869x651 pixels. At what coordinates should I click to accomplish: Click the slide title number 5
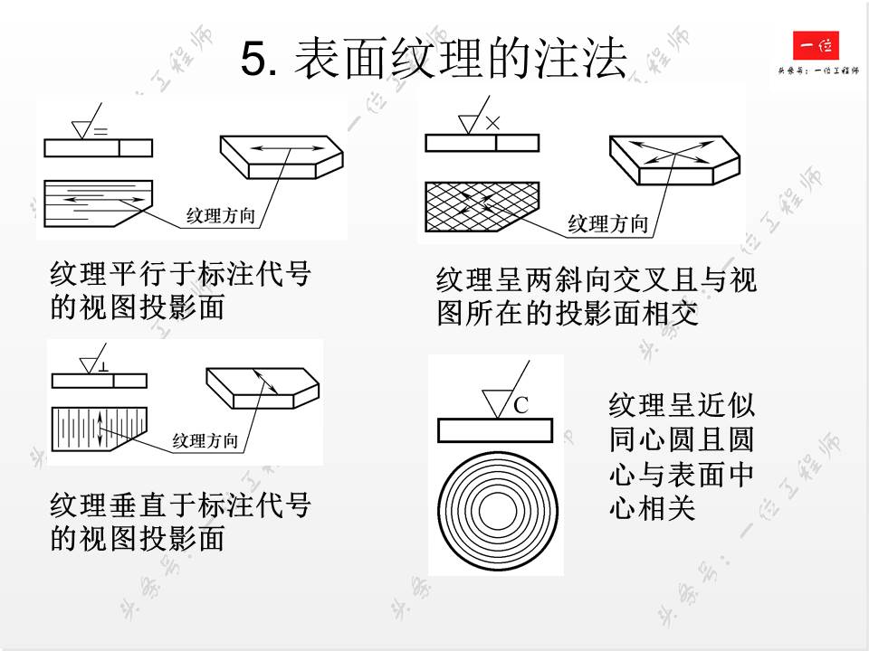tap(257, 60)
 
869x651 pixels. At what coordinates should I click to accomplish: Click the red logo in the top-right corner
tap(816, 46)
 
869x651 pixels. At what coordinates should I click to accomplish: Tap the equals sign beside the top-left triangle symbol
tap(100, 132)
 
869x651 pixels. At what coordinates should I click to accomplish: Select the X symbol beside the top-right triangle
tap(492, 123)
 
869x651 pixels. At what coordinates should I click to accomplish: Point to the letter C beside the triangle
tap(520, 406)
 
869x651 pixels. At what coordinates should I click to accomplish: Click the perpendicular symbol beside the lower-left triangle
tap(105, 367)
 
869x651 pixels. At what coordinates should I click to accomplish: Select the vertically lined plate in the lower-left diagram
tap(95, 428)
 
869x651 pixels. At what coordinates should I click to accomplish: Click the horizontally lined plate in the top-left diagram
tap(91, 196)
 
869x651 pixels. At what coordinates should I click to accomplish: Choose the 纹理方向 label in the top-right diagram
tap(607, 224)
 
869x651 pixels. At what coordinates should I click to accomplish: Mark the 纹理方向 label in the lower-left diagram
tap(205, 441)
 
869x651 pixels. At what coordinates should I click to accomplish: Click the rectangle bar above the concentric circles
tap(495, 431)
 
